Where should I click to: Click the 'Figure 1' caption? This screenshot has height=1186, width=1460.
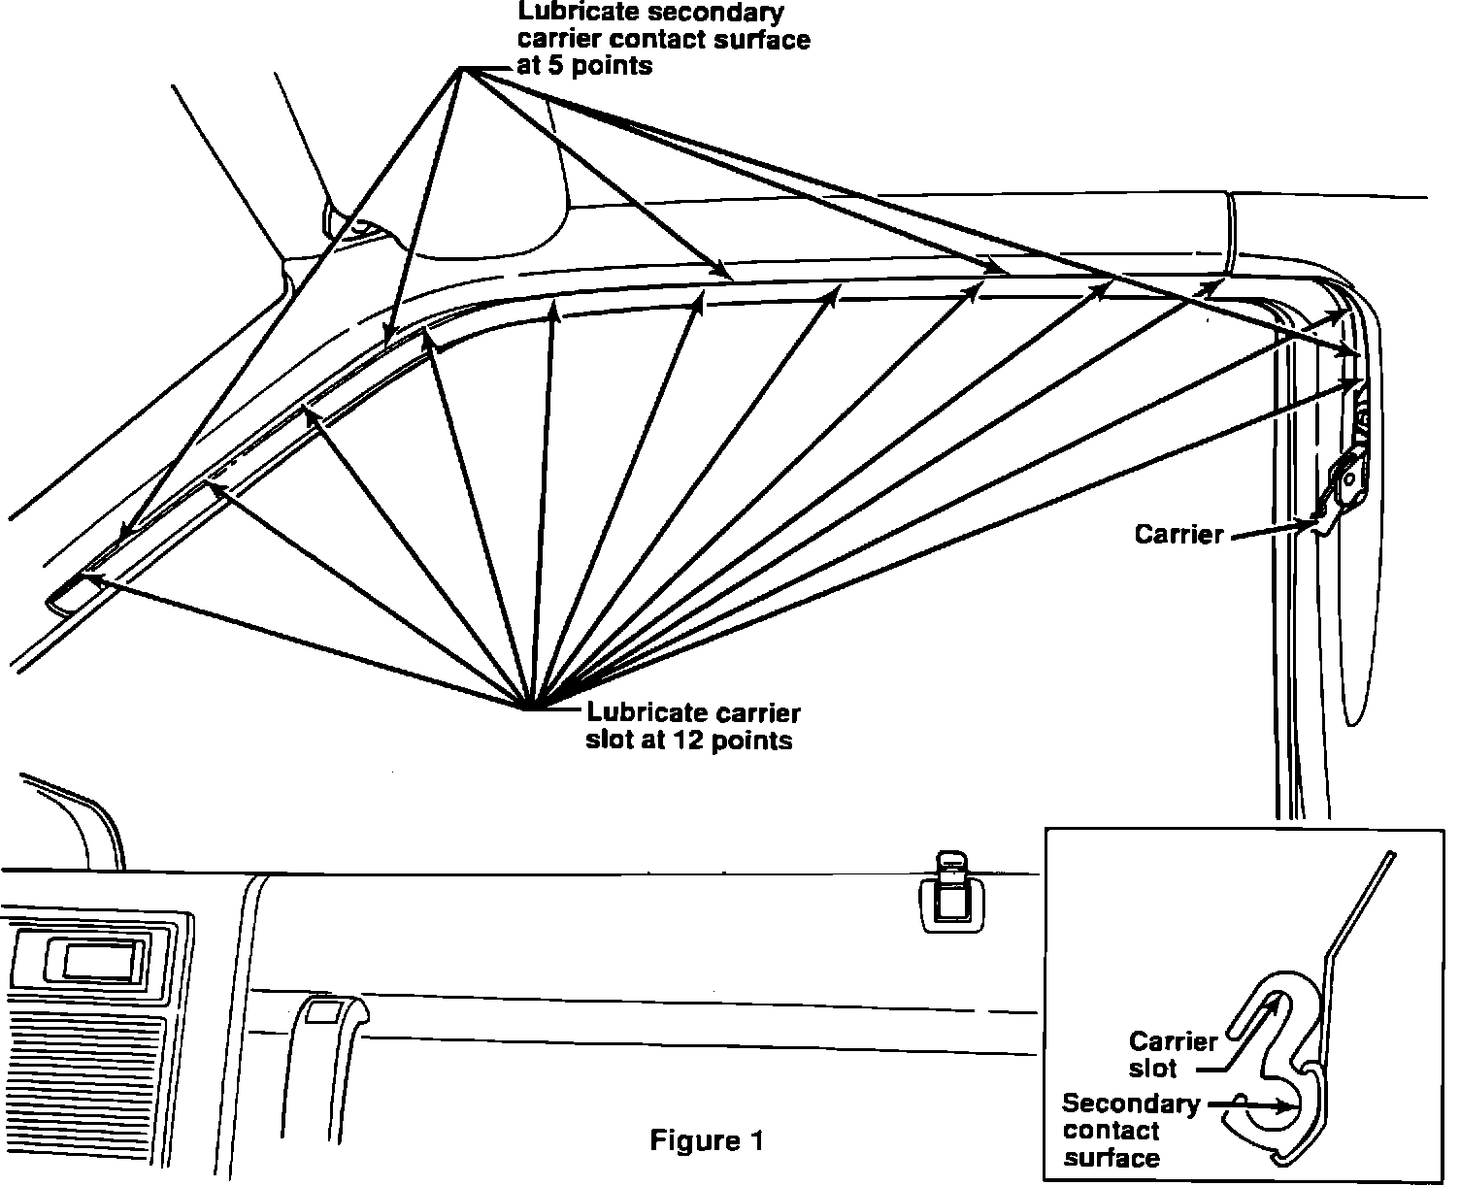click(x=706, y=1140)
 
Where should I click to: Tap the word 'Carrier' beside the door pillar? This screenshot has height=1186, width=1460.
click(x=1178, y=534)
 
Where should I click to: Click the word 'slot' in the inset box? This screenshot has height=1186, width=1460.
click(x=1153, y=1069)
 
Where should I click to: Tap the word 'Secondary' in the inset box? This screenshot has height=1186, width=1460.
click(x=1131, y=1104)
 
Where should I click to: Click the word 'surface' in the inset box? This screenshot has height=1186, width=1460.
click(x=1112, y=1158)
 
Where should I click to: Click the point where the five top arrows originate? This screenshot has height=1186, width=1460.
click(x=463, y=68)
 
